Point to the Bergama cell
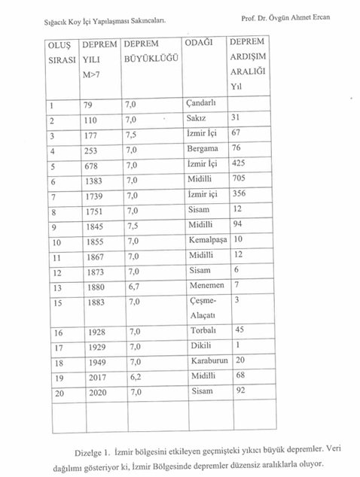click(x=202, y=149)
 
